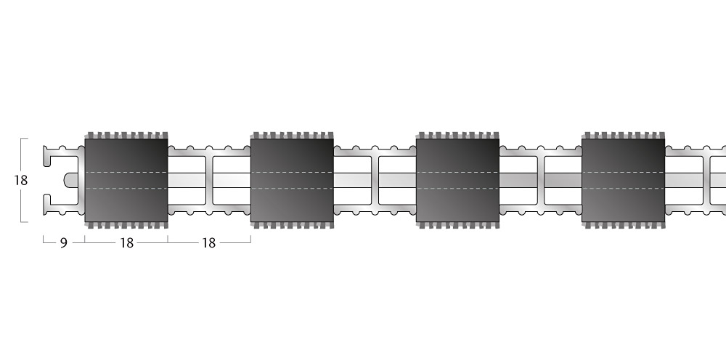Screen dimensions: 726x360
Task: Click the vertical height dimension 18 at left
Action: [x=21, y=181]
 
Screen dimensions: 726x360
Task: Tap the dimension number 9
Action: [x=64, y=243]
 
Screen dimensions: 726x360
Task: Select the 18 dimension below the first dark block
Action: [x=126, y=243]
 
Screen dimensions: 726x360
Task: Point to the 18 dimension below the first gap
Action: [x=209, y=243]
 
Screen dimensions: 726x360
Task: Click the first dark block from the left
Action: [x=126, y=181]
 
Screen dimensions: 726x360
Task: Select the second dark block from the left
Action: [x=292, y=181]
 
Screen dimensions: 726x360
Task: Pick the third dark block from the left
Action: [x=457, y=181]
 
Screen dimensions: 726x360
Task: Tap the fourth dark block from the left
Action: [x=623, y=181]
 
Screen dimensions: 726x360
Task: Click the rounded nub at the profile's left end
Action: [x=70, y=181]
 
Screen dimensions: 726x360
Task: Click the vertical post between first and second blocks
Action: [x=209, y=181]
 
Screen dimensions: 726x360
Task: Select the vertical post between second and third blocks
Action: [x=375, y=181]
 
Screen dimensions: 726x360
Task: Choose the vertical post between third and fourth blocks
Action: [x=541, y=181]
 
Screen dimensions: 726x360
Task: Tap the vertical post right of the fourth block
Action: [x=706, y=181]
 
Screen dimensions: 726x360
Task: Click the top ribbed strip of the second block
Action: [x=292, y=136]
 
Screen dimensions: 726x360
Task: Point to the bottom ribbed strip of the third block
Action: [x=457, y=225]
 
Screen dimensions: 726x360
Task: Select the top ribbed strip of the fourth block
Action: [x=623, y=136]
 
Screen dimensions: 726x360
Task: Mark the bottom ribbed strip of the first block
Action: [x=126, y=225]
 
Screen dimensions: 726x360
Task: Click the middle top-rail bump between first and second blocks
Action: [x=209, y=149]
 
